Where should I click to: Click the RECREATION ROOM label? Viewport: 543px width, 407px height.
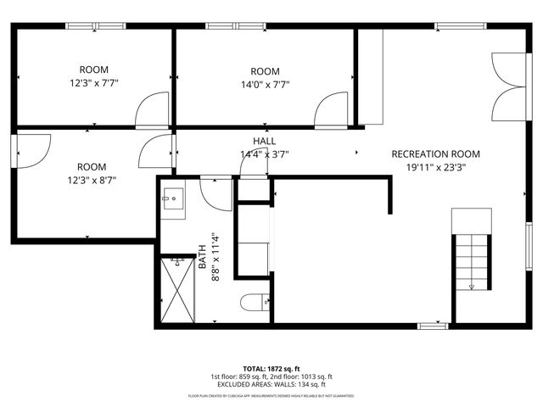pyautogui.click(x=435, y=153)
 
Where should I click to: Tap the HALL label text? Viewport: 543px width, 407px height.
pyautogui.click(x=264, y=141)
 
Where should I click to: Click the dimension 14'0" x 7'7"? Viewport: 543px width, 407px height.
pyautogui.click(x=265, y=84)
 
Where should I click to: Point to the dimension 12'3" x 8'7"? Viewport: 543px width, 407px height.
pyautogui.click(x=92, y=180)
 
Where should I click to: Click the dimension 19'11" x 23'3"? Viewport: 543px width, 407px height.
pyautogui.click(x=435, y=167)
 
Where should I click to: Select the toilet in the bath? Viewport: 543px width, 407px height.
pyautogui.click(x=255, y=302)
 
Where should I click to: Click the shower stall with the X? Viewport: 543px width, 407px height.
pyautogui.click(x=180, y=290)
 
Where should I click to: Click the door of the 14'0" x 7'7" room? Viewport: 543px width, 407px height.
pyautogui.click(x=330, y=109)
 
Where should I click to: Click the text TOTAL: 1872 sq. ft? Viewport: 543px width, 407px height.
pyautogui.click(x=271, y=369)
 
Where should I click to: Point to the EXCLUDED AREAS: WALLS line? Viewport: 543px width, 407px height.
pyautogui.click(x=271, y=384)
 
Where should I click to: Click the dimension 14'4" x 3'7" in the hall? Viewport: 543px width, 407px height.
pyautogui.click(x=264, y=154)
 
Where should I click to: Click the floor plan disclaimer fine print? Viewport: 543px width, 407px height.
pyautogui.click(x=271, y=396)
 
